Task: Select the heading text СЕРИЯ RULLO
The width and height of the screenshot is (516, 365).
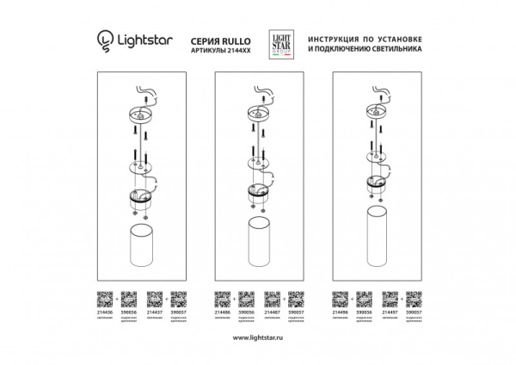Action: click(x=212, y=35)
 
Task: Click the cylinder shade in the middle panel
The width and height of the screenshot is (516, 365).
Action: click(x=258, y=245)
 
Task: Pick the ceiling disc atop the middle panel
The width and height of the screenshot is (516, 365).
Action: click(x=258, y=111)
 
